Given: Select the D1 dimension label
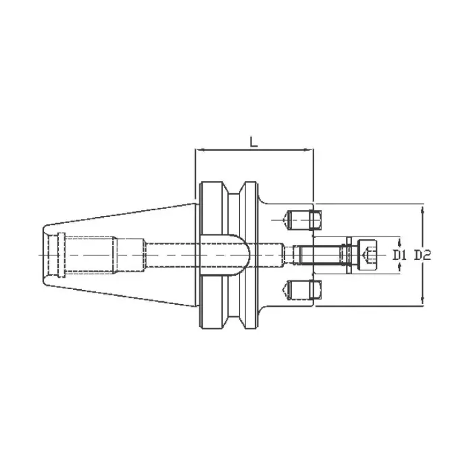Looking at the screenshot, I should (x=399, y=255).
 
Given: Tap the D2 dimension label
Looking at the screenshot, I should (x=423, y=255).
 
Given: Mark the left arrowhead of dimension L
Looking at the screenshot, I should (x=197, y=150).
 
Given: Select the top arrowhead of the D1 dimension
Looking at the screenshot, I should (x=399, y=240).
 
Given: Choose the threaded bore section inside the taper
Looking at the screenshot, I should (x=88, y=255).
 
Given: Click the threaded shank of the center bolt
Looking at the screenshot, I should (x=322, y=255).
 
